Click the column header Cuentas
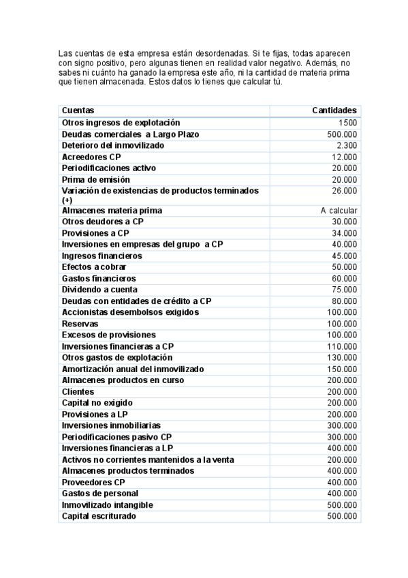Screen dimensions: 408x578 pos(78,110)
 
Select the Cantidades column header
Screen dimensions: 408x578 pos(334,110)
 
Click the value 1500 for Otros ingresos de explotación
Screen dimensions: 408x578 pos(347,123)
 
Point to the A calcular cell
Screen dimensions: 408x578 pos(339,211)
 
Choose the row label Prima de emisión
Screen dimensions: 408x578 pos(95,179)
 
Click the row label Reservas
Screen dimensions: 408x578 pos(80,324)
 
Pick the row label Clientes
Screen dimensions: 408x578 pos(78,392)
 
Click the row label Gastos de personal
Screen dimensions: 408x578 pos(99,493)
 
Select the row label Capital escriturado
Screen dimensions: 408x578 pos(99,516)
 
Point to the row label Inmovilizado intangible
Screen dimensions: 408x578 pos(107,505)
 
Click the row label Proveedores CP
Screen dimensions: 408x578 pos(93,483)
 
